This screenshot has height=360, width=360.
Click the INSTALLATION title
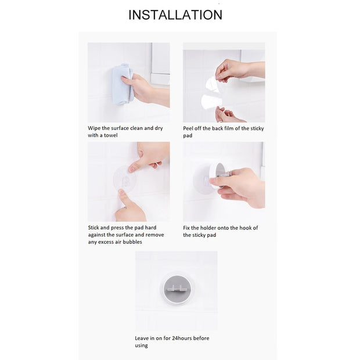pyautogui.click(x=175, y=15)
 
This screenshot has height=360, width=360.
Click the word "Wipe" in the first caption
pyautogui.click(x=94, y=128)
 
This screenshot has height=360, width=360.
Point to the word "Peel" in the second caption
pyautogui.click(x=188, y=128)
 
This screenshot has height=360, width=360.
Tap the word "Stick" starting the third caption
pyautogui.click(x=93, y=228)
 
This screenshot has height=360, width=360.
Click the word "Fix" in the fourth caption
pyautogui.click(x=186, y=228)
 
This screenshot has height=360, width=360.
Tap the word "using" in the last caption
pyautogui.click(x=141, y=345)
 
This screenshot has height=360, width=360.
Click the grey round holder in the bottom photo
pyautogui.click(x=177, y=289)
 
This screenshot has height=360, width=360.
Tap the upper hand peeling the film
pyautogui.click(x=239, y=70)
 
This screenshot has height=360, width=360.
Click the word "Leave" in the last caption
pyautogui.click(x=142, y=338)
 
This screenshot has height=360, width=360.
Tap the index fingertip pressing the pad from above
pyautogui.click(x=132, y=170)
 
